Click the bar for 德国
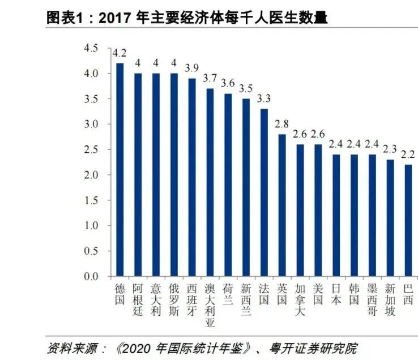tap(120, 170)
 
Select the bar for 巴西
tap(408, 221)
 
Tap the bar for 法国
tap(264, 192)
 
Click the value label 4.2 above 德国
tap(120, 54)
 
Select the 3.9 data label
tap(191, 69)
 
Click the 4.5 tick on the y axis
tap(91, 48)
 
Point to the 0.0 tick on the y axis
tap(91, 277)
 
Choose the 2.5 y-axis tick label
tap(91, 149)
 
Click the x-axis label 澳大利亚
tap(210, 305)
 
